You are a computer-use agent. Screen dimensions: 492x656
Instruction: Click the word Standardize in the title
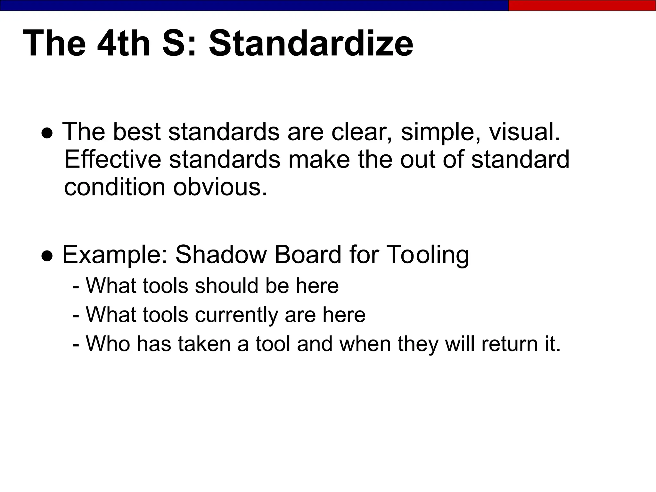(311, 43)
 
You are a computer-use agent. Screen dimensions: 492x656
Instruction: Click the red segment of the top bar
(582, 5)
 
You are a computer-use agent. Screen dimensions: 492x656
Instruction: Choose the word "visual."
(524, 132)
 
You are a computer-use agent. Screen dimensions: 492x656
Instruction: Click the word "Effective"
(113, 159)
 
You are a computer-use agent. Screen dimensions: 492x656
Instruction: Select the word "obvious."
(220, 187)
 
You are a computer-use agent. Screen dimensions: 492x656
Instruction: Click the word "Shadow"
(221, 255)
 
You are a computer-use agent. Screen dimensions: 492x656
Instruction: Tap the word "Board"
(308, 255)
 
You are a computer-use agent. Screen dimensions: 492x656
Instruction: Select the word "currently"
(237, 315)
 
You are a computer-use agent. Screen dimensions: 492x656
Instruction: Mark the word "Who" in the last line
(108, 344)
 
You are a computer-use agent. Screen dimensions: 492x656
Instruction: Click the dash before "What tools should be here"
(76, 286)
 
